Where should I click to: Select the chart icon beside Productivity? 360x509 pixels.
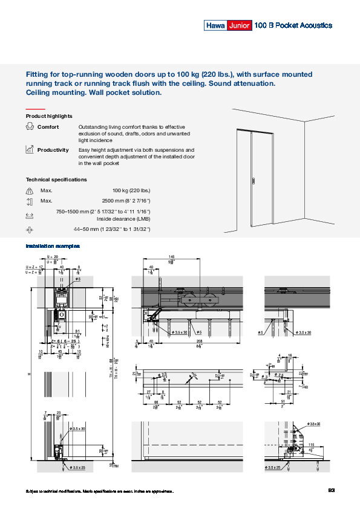pos(30,149)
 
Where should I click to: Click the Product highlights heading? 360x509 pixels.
pos(49,115)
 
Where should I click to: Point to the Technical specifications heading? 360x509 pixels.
pos(56,180)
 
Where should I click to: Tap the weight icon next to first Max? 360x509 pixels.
pos(30,190)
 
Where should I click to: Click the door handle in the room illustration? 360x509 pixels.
pos(252,180)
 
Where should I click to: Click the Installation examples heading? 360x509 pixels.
pos(53,247)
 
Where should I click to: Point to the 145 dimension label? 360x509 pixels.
pos(172,257)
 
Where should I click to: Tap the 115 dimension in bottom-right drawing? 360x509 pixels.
pos(310,444)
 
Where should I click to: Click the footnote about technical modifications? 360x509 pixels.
pos(100,491)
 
